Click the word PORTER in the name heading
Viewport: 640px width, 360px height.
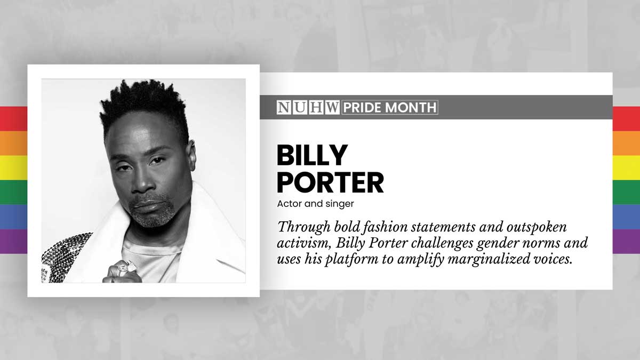click(x=330, y=182)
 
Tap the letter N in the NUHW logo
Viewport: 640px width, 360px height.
click(x=284, y=107)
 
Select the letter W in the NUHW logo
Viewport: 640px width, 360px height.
click(x=332, y=107)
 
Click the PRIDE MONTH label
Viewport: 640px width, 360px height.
click(x=390, y=107)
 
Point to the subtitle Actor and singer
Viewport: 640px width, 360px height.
click(x=315, y=204)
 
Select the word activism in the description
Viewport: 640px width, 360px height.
click(x=303, y=243)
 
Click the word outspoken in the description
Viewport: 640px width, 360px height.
click(x=537, y=227)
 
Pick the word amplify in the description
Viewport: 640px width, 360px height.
click(x=421, y=259)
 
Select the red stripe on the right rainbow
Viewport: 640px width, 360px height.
click(x=626, y=118)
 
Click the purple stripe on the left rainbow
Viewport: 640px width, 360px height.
click(x=13, y=242)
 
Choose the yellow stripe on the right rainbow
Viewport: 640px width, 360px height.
click(x=626, y=167)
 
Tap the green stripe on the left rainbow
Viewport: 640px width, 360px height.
click(x=13, y=193)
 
